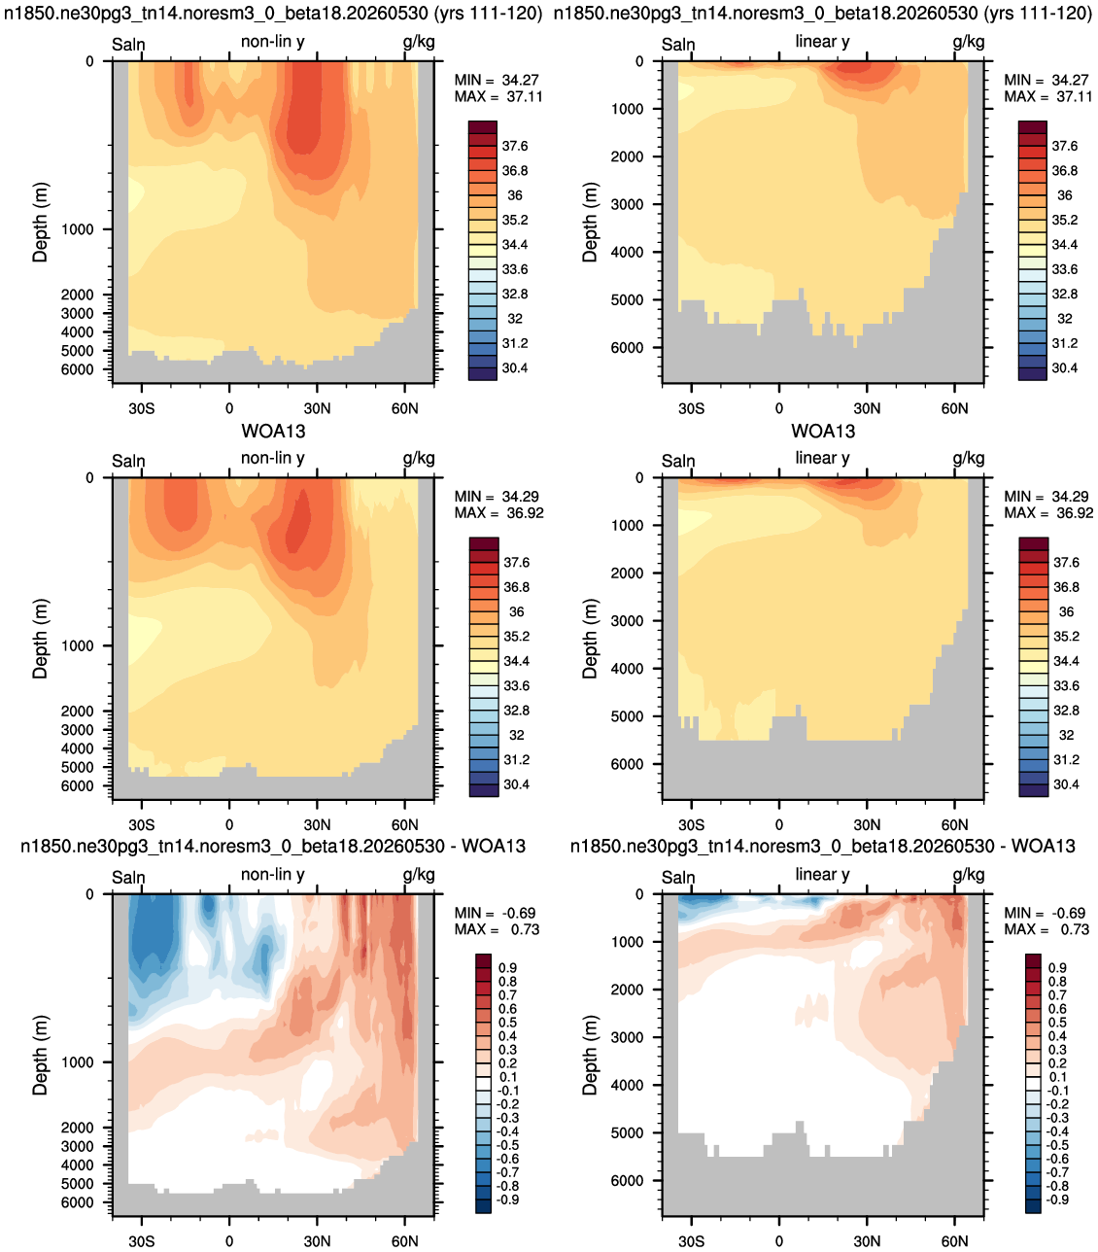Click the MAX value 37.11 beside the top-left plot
(524, 96)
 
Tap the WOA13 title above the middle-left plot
(273, 431)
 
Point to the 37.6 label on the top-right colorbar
(1065, 146)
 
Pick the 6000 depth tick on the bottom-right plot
(627, 1180)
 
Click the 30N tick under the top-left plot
(317, 408)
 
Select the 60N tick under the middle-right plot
(954, 825)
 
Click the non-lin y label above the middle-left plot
(272, 458)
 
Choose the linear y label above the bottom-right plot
(822, 875)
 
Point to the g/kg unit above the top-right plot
(968, 42)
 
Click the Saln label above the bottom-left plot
(128, 878)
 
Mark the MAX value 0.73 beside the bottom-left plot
(526, 929)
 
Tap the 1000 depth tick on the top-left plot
(77, 229)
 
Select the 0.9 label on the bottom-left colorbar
(506, 968)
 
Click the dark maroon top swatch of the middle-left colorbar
(484, 543)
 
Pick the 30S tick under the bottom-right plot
(691, 1241)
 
